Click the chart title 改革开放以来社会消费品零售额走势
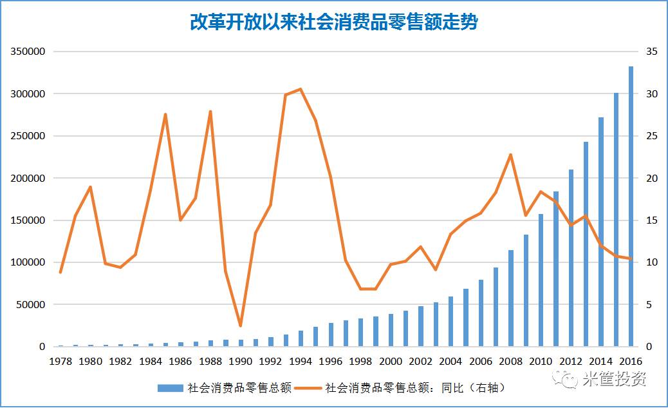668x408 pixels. point(333,23)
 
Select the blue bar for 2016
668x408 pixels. point(631,206)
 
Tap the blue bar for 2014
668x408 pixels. point(601,232)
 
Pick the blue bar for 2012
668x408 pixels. point(571,258)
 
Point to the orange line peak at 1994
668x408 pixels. point(301,89)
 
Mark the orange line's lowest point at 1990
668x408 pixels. point(240,325)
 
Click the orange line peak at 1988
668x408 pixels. point(210,112)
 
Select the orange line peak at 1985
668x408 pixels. point(165,115)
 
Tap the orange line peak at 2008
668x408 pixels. point(511,155)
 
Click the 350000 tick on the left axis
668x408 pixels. point(28,52)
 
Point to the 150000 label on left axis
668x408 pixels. point(28,220)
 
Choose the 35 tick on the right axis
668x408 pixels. point(651,52)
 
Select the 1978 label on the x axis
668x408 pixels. point(60,362)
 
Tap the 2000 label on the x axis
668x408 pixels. point(391,362)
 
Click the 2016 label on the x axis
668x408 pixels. point(631,362)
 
